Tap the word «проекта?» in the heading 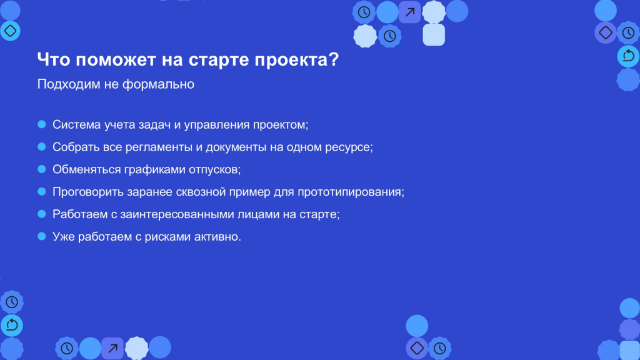[x=297, y=60]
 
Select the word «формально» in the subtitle [x=158, y=84]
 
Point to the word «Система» [x=77, y=124]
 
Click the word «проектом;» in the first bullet [x=281, y=125]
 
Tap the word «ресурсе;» [x=349, y=147]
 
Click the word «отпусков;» [x=215, y=170]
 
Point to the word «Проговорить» [x=88, y=192]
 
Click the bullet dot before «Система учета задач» [x=42, y=124]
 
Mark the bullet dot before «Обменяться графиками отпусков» [x=42, y=169]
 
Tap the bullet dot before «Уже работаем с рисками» [x=42, y=236]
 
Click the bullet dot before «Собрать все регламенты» [x=42, y=147]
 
